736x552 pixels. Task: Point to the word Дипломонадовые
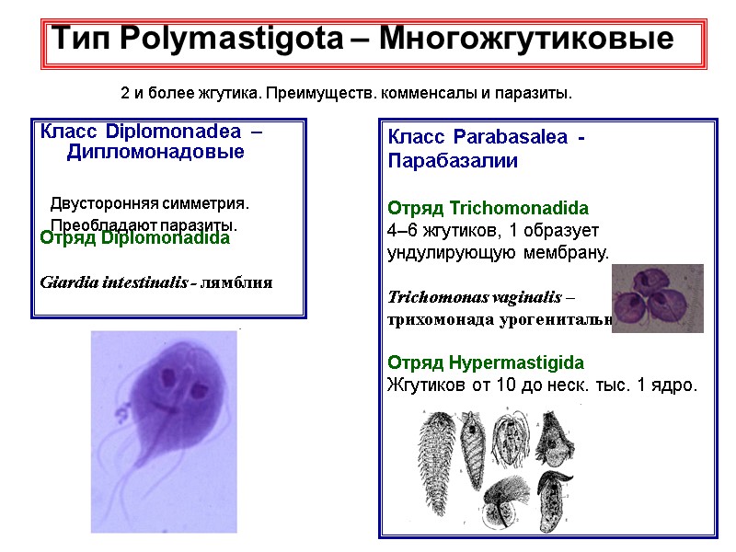click(155, 152)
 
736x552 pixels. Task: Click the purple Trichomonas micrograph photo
click(657, 298)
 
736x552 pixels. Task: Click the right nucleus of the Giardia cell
click(199, 391)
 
